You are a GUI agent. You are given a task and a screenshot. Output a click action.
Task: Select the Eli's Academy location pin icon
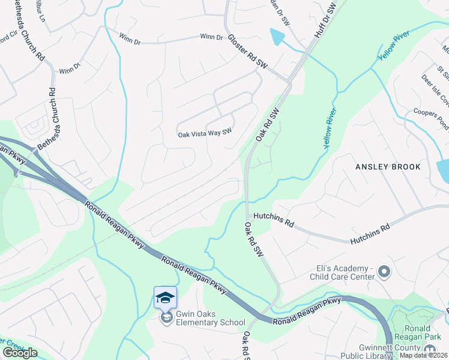(384, 273)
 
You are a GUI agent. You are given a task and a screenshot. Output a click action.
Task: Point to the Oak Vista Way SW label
(205, 134)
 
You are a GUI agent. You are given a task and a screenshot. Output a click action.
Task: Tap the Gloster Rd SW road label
(246, 50)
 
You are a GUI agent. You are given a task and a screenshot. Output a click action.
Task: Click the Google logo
(20, 352)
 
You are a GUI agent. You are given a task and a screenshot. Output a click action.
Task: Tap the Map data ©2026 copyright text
(424, 355)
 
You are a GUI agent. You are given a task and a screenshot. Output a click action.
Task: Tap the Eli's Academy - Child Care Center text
(342, 272)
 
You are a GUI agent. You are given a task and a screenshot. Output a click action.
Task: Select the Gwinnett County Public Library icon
(430, 350)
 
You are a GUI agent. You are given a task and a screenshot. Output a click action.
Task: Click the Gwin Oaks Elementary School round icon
(166, 318)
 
